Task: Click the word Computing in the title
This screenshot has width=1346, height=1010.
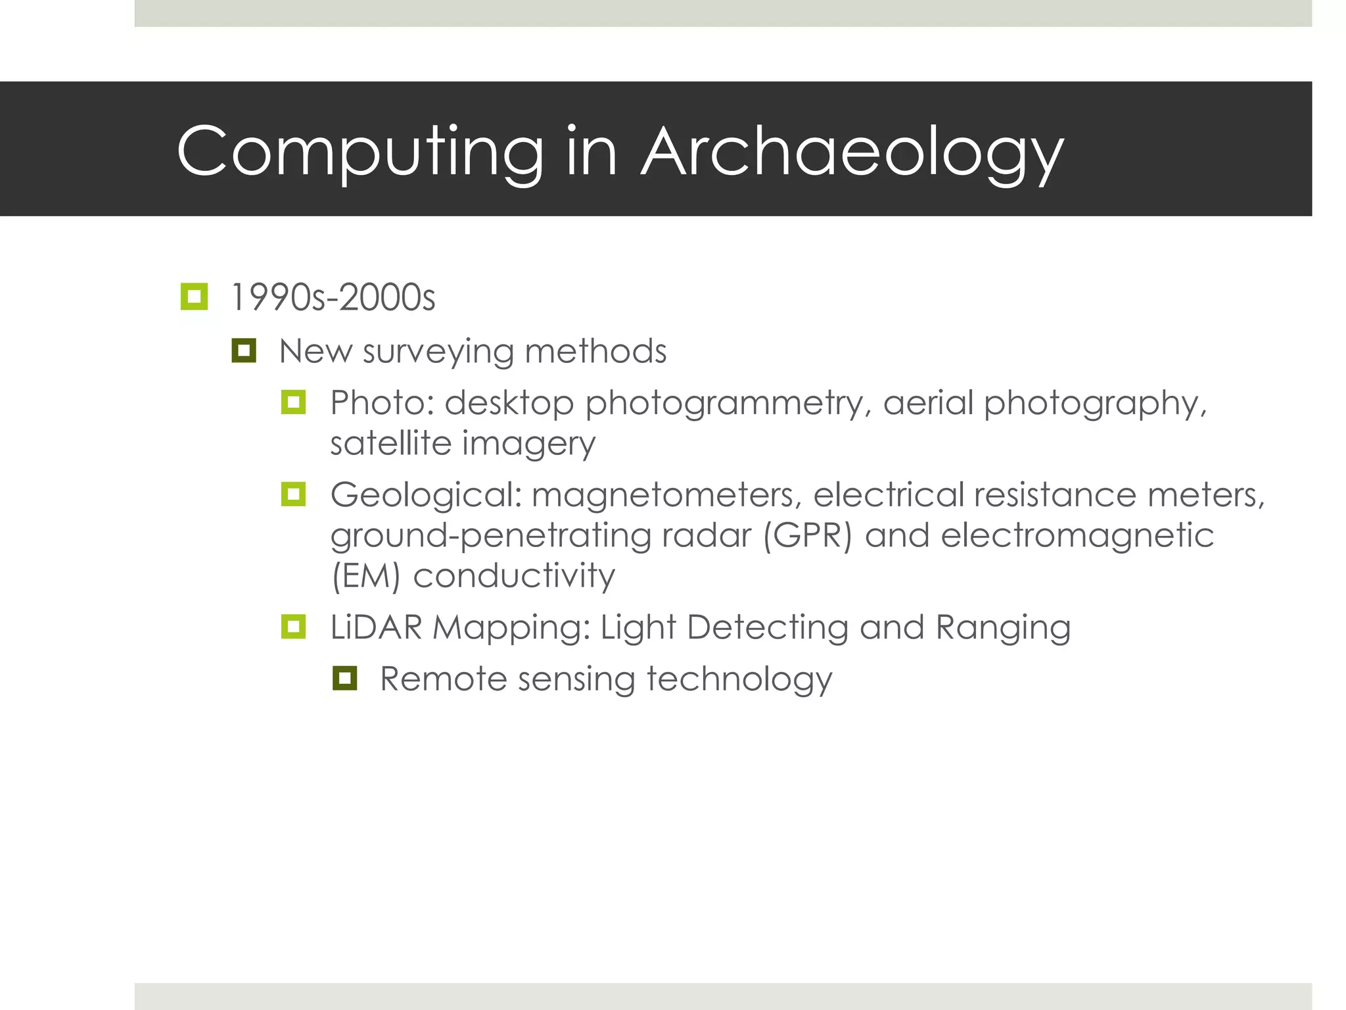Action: pyautogui.click(x=360, y=153)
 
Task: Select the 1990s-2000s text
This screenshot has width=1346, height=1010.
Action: pyautogui.click(x=333, y=298)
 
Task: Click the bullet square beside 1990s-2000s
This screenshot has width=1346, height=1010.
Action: pyautogui.click(x=194, y=297)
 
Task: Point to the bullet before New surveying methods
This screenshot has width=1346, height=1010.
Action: pyautogui.click(x=243, y=350)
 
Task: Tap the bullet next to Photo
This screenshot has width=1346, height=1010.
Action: pyautogui.click(x=293, y=402)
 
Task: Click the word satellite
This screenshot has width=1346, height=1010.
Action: pyautogui.click(x=390, y=443)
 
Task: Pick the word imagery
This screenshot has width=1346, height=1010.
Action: pyautogui.click(x=530, y=445)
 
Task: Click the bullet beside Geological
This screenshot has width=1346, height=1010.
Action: pyautogui.click(x=293, y=494)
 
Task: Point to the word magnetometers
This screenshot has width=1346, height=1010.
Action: pyautogui.click(x=666, y=495)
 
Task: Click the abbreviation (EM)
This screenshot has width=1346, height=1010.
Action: pyautogui.click(x=365, y=577)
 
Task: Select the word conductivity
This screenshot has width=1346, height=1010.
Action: pyautogui.click(x=514, y=577)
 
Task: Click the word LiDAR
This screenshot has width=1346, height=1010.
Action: pyautogui.click(x=376, y=627)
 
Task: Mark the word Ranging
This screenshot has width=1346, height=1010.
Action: pyautogui.click(x=1003, y=628)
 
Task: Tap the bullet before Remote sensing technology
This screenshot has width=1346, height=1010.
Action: pyautogui.click(x=344, y=678)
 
